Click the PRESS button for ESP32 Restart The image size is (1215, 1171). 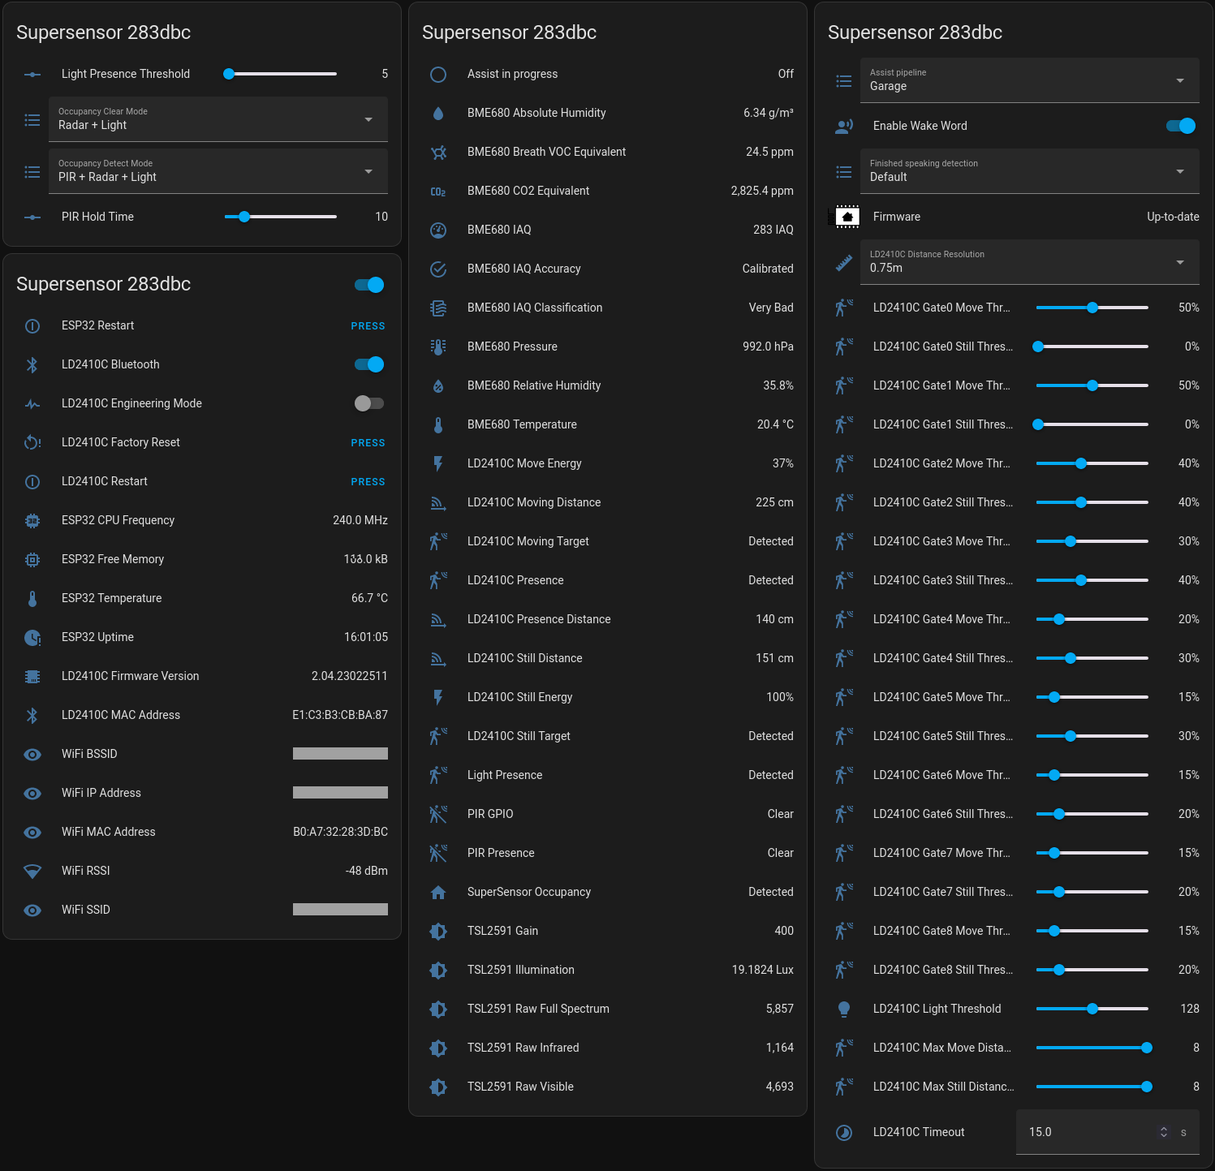pyautogui.click(x=368, y=326)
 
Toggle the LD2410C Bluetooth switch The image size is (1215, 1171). pyautogui.click(x=369, y=364)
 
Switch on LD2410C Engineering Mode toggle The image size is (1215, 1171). pyautogui.click(x=369, y=403)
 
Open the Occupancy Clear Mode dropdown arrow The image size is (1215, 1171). pyautogui.click(x=368, y=119)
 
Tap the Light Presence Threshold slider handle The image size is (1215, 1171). pyautogui.click(x=229, y=74)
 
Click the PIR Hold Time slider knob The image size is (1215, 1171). pyautogui.click(x=244, y=217)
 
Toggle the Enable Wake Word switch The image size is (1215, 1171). pyautogui.click(x=1181, y=126)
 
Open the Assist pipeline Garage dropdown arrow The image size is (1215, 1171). pyautogui.click(x=1180, y=80)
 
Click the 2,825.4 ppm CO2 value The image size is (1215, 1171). pyautogui.click(x=761, y=191)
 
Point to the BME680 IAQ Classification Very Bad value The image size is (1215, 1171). pyautogui.click(x=770, y=308)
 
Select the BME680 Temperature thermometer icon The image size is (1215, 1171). pyautogui.click(x=438, y=424)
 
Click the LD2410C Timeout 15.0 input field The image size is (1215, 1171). pyautogui.click(x=1088, y=1132)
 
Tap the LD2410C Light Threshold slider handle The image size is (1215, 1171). pyautogui.click(x=1092, y=1009)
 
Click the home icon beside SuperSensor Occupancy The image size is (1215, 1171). pyautogui.click(x=438, y=892)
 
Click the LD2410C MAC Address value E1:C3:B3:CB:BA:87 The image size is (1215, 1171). pyautogui.click(x=339, y=715)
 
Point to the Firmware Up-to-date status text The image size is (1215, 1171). pyautogui.click(x=1172, y=217)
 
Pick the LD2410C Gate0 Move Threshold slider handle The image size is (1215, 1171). pyautogui.click(x=1092, y=308)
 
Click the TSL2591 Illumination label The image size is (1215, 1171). pyautogui.click(x=520, y=970)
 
